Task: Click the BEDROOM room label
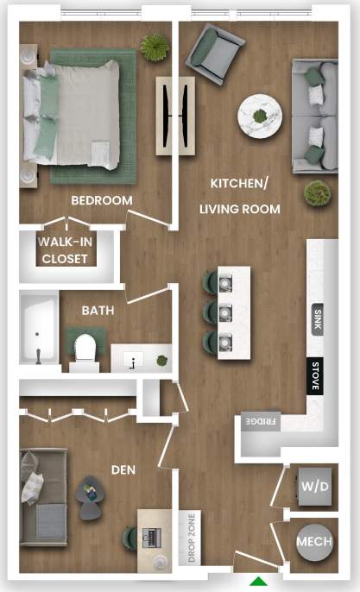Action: click(101, 200)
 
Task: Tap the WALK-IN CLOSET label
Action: click(66, 249)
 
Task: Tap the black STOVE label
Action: click(316, 375)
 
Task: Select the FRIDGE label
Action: click(260, 421)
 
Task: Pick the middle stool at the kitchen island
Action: click(213, 311)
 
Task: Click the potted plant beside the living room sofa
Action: click(317, 192)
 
